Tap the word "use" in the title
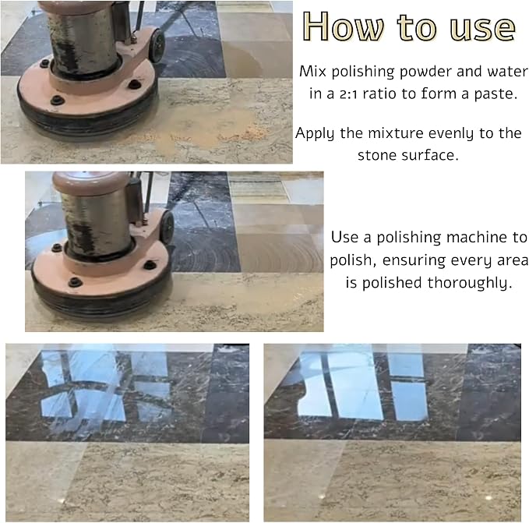482,28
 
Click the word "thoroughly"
467,283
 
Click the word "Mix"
312,72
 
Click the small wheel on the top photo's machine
156,45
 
